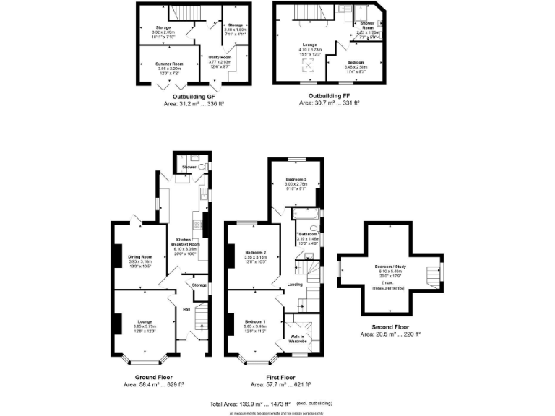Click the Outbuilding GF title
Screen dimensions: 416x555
pos(194,95)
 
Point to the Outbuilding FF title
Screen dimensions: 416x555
pos(329,95)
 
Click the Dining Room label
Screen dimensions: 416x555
pos(140,257)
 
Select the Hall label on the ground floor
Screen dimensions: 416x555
pos(186,310)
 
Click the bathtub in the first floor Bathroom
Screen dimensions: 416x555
pos(304,214)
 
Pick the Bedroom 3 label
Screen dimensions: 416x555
pos(296,178)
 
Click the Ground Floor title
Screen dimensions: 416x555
pos(153,377)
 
